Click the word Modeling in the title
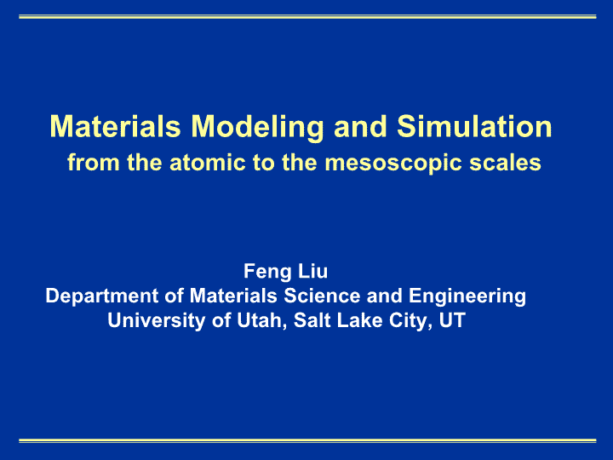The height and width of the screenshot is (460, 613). pos(258,128)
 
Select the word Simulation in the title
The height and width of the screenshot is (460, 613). pos(474,126)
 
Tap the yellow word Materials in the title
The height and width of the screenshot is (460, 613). pos(115,126)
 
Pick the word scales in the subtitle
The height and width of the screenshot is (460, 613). pos(505,163)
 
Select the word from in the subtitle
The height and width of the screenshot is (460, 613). pos(94,163)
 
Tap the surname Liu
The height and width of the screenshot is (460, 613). pos(312,271)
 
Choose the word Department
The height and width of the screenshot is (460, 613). pos(102,296)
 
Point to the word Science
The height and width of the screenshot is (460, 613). pos(322,296)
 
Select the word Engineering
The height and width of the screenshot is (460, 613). pos(467,296)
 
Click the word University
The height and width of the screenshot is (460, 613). pos(157,321)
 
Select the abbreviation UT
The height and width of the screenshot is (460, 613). pos(452,320)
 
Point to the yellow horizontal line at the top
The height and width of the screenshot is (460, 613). pos(307,17)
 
